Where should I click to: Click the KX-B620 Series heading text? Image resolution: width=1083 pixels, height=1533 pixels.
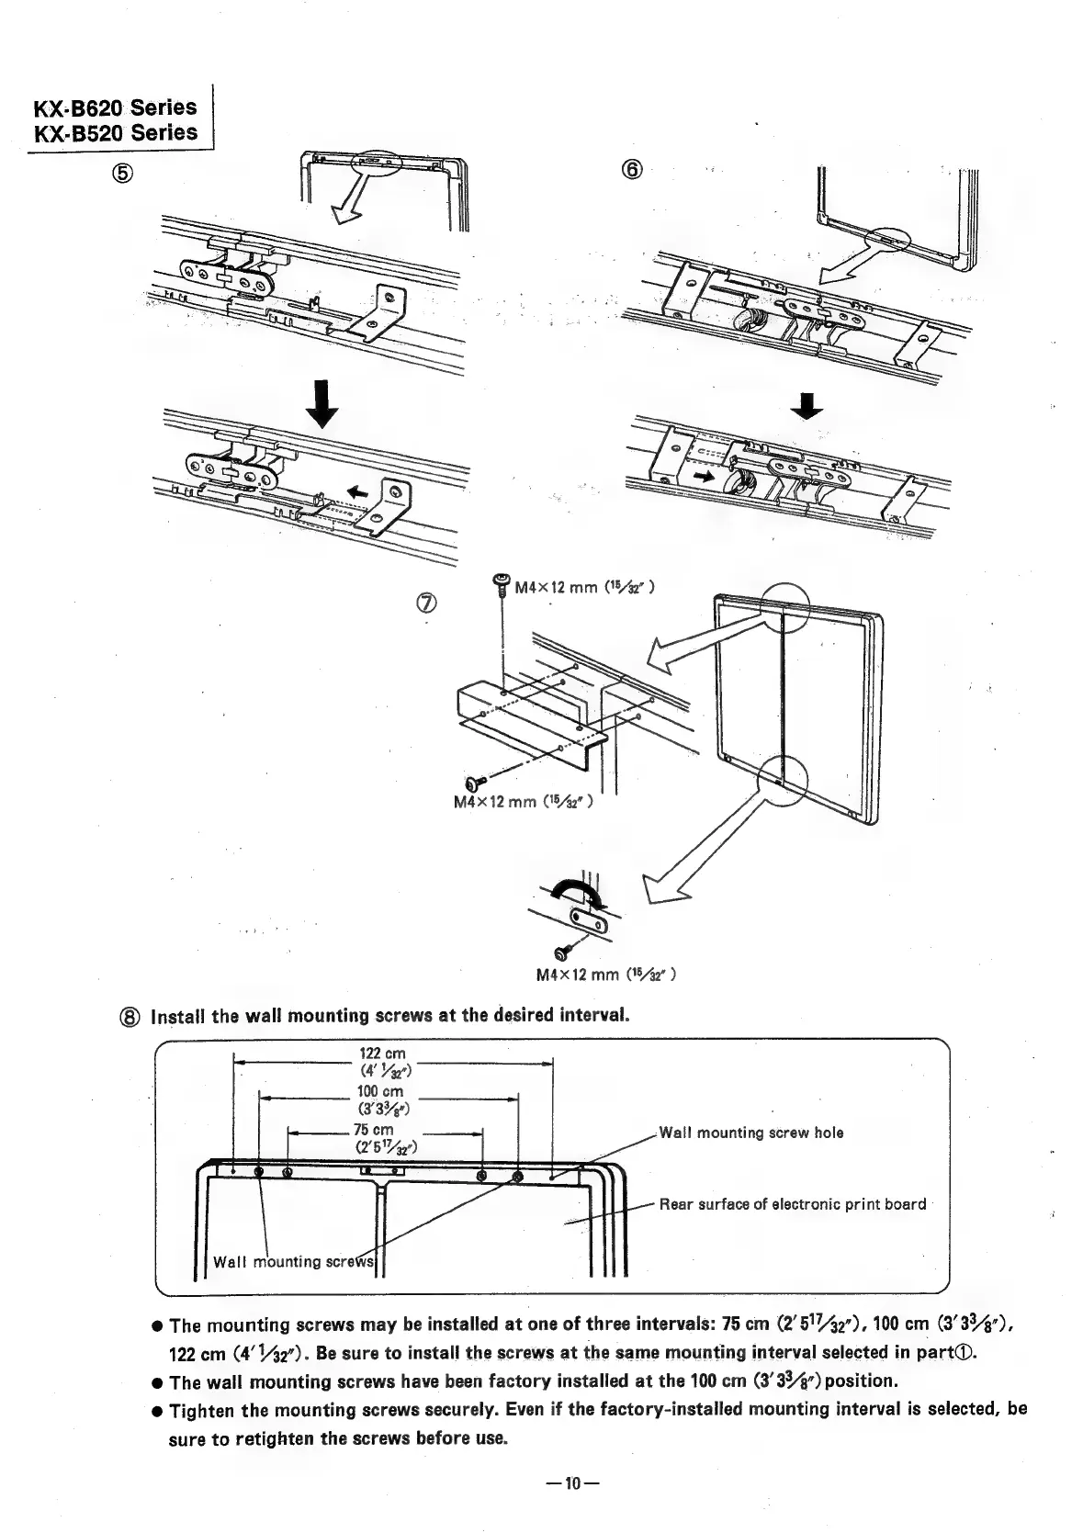coord(116,107)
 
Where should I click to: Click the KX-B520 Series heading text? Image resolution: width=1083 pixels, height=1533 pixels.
coord(116,132)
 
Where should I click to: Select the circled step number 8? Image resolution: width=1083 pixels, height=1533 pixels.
coord(132,1017)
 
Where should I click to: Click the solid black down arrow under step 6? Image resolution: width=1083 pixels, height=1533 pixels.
coord(807,404)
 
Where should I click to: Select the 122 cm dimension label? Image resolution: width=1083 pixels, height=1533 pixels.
coord(381,1054)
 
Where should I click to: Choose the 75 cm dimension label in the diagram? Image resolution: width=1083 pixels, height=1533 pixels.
coord(374,1130)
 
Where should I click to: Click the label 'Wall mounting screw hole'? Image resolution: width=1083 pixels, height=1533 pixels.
coord(751,1133)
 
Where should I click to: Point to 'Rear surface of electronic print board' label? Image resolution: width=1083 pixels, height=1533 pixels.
coord(793,1204)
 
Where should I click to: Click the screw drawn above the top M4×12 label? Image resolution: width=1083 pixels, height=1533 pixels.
coord(502,582)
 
